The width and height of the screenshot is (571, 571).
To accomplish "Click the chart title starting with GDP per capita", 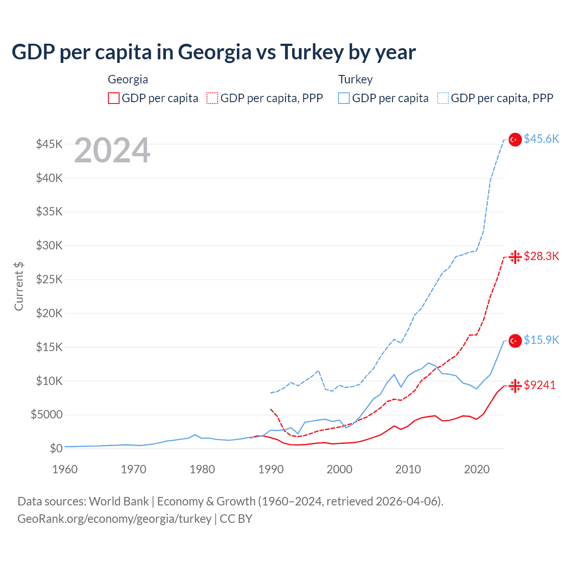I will [x=214, y=52].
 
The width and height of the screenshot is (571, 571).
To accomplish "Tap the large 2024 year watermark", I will [x=112, y=151].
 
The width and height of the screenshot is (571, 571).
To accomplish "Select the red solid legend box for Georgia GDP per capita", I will [x=114, y=98].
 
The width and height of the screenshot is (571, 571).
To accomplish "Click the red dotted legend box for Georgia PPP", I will [x=212, y=98].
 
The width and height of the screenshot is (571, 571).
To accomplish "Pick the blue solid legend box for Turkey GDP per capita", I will [x=344, y=98].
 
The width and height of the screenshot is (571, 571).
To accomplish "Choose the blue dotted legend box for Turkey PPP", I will [x=443, y=98].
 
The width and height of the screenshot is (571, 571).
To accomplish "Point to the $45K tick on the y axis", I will [x=49, y=144].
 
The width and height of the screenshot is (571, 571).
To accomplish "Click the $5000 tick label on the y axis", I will [x=46, y=415].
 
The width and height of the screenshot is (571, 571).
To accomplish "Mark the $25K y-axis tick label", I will [x=49, y=280].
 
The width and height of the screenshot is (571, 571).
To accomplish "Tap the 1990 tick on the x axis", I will [x=271, y=469].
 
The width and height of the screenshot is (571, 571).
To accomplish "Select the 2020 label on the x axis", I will [x=477, y=469].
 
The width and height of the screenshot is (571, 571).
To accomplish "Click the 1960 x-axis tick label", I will [x=65, y=469].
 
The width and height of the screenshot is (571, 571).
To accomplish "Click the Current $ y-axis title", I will [x=19, y=286].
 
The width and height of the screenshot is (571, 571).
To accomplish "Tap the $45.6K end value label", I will [x=541, y=139].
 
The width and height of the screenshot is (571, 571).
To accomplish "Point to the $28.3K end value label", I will [x=541, y=256].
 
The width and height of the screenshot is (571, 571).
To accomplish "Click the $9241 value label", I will [x=540, y=385].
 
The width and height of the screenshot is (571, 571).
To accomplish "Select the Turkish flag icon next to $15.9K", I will [x=515, y=341].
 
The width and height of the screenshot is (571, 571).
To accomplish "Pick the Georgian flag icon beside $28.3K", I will [x=515, y=257].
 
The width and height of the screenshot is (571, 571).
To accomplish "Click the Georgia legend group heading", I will [x=128, y=79].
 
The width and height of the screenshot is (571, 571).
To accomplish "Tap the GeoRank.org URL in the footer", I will [x=114, y=519].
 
